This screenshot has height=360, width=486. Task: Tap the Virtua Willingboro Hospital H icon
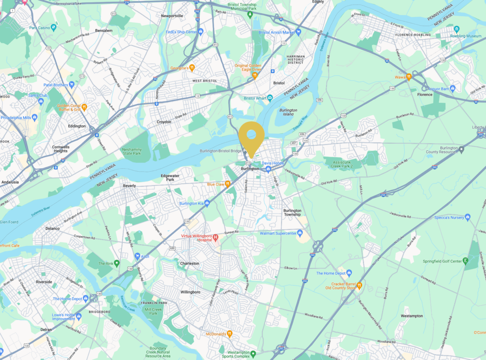pyautogui.click(x=215, y=237)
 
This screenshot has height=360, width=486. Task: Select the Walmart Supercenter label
pyautogui.click(x=281, y=233)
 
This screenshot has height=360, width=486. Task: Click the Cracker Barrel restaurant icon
pyautogui.click(x=359, y=285)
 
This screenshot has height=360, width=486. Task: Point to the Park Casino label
pyautogui.click(x=40, y=28)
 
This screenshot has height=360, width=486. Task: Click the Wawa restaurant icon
pyautogui.click(x=408, y=77)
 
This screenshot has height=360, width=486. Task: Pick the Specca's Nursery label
pyautogui.click(x=448, y=217)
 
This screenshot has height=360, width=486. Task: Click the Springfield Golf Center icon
pyautogui.click(x=466, y=261)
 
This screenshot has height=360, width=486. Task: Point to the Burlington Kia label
pyautogui.click(x=191, y=203)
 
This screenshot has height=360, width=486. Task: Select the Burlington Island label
pyautogui.click(x=288, y=112)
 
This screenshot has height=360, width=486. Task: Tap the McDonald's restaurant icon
pyautogui.click(x=229, y=334)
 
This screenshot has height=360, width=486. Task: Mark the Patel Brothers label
pyautogui.click(x=55, y=85)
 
